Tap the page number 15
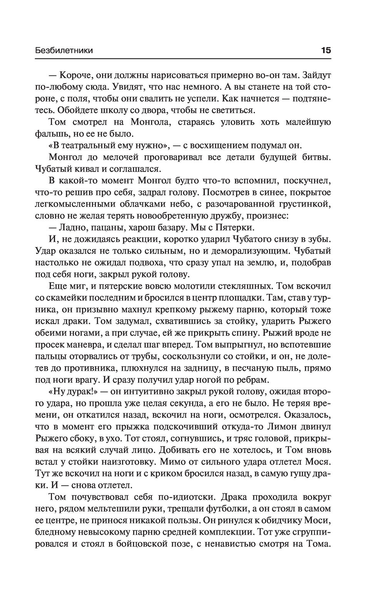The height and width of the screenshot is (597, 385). (326, 50)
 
